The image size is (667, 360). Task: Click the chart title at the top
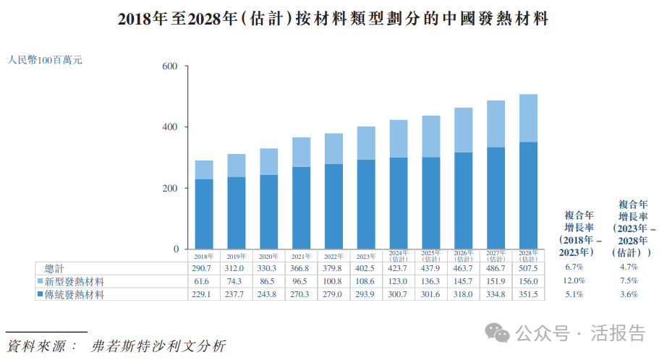(333, 20)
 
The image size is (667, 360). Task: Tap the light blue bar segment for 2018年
(204, 170)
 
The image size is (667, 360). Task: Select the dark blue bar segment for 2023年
(366, 205)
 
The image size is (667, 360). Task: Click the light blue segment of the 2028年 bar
(528, 118)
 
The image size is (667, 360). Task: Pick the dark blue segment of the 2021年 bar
(301, 208)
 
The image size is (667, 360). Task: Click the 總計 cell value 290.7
(204, 268)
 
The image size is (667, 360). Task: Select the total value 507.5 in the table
(528, 268)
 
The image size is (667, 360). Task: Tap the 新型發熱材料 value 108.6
(366, 281)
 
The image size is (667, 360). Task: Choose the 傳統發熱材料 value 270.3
(301, 294)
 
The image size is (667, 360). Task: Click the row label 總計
(55, 268)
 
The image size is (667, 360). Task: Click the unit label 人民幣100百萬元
(45, 60)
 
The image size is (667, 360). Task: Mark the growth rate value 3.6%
(627, 294)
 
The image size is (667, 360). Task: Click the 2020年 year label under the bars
(269, 256)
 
